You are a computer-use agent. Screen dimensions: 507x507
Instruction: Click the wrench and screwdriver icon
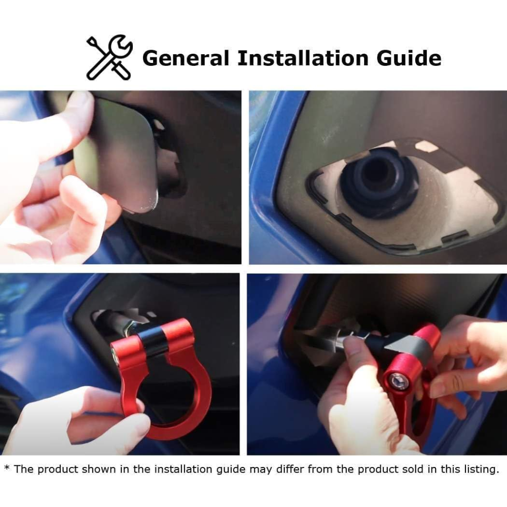point(110,57)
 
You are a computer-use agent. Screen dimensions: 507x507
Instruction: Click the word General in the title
point(186,58)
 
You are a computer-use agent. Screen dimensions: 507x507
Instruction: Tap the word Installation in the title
point(303,58)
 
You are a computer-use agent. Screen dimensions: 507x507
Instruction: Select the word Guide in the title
point(409,58)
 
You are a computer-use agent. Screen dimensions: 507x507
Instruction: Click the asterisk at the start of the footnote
point(7,467)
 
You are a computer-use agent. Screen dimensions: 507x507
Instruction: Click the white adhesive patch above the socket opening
point(426,147)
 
